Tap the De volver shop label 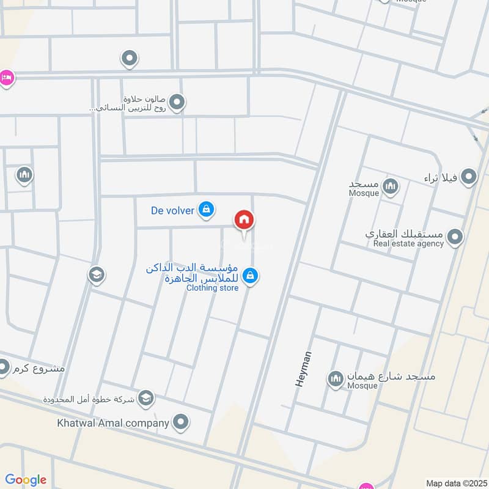172,211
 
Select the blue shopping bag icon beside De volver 207,210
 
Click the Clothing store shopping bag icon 249,276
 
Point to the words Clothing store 213,288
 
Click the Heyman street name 304,369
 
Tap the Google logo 25,480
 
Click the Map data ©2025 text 455,483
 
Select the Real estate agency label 409,244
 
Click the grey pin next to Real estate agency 454,237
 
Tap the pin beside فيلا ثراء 469,177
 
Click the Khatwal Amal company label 113,422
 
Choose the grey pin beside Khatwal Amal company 180,422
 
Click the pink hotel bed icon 6,78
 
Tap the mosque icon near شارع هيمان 336,380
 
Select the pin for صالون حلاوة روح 177,103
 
